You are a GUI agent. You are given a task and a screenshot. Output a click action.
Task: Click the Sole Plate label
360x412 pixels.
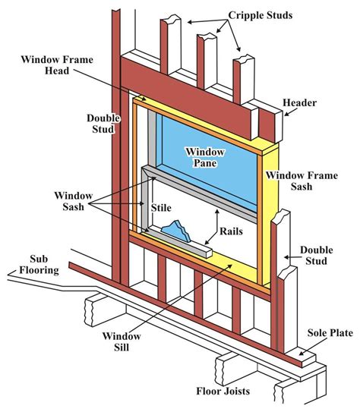coord(327,332)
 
